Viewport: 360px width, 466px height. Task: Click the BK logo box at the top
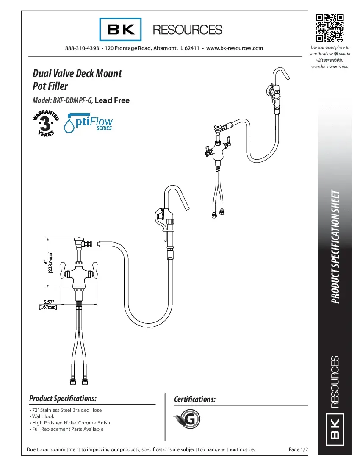(120, 29)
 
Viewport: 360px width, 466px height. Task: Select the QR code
(330, 28)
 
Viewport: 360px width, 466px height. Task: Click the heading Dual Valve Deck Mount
(77, 73)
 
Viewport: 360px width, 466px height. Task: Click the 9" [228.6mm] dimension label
(48, 263)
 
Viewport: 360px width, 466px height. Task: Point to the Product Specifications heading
(63, 399)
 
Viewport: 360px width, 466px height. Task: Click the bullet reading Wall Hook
(43, 416)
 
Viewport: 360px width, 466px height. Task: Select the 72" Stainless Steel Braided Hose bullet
(66, 410)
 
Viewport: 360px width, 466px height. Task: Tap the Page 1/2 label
(298, 449)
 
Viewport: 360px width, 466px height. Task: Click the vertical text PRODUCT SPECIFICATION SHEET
(335, 247)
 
